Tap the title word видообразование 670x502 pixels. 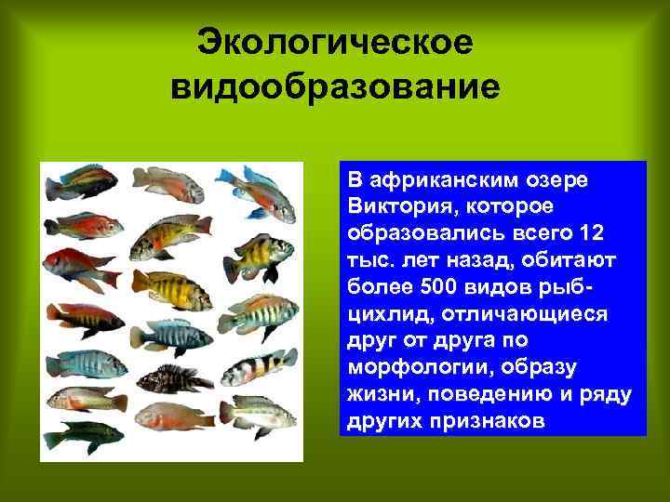(x=336, y=89)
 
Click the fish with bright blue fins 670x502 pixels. (x=248, y=181)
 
